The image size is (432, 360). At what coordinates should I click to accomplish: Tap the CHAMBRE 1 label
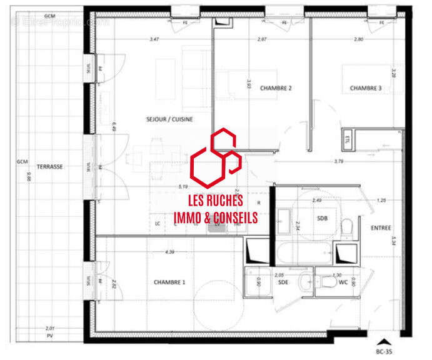tap(169, 282)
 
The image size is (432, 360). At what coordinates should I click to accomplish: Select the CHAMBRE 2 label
tap(276, 88)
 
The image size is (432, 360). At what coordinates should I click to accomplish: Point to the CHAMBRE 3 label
tap(365, 88)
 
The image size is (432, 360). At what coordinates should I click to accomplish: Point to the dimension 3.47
tap(154, 39)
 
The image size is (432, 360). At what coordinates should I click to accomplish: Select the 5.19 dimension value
tap(183, 186)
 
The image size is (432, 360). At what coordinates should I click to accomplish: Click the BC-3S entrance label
tap(385, 351)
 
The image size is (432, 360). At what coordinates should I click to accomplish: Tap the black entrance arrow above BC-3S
tap(385, 342)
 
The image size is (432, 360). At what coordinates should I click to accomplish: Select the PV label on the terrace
tap(49, 336)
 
